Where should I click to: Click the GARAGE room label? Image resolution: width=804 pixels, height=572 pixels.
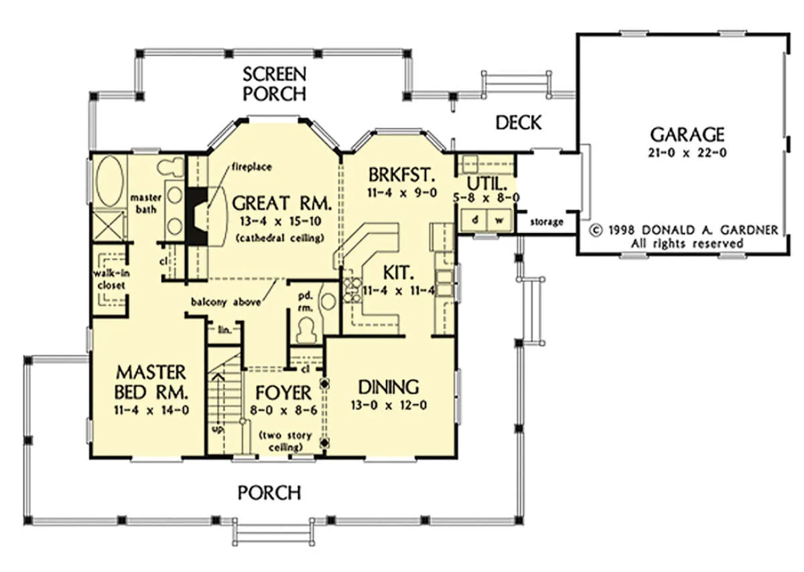click(687, 135)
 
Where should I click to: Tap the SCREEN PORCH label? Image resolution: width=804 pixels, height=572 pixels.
click(275, 84)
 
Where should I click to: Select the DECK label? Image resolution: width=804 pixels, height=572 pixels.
click(519, 123)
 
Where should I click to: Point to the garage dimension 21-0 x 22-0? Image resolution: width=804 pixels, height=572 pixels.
click(687, 153)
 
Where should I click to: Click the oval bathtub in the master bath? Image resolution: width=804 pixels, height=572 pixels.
click(109, 181)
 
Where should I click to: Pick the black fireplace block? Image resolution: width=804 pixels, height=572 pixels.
click(197, 216)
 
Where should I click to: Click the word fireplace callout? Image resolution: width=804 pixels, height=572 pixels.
click(252, 167)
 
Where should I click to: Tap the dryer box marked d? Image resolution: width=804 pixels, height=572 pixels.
click(474, 220)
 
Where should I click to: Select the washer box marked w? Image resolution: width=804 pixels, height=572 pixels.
click(499, 220)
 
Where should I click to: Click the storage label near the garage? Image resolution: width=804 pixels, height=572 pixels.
click(546, 222)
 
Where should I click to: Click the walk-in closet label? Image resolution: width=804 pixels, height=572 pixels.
click(111, 279)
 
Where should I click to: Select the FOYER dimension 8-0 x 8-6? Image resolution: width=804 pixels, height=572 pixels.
click(283, 410)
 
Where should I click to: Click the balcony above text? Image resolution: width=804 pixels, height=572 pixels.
click(226, 302)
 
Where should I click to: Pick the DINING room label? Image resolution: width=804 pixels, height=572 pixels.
click(389, 387)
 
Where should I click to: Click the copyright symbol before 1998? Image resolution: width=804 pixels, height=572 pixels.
click(596, 230)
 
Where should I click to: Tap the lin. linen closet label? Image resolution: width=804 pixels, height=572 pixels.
click(224, 330)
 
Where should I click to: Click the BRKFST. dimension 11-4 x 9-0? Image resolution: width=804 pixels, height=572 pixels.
click(402, 193)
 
